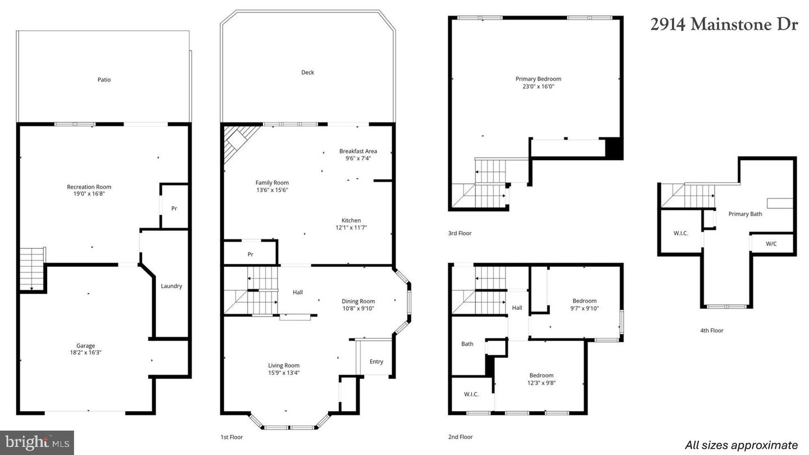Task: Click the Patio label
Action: [x=104, y=80]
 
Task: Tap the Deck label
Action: [x=307, y=72]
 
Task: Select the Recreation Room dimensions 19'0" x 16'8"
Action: [x=89, y=194]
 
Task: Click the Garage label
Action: [x=85, y=345]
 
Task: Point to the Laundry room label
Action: [x=171, y=286]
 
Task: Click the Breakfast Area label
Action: [x=358, y=151]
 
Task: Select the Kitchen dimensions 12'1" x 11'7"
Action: [x=351, y=228]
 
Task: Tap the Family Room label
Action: [x=272, y=183]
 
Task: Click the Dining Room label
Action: [x=358, y=301]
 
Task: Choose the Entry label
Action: [x=376, y=361]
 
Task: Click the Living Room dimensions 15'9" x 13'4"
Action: [x=284, y=372]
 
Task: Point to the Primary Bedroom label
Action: [x=538, y=79]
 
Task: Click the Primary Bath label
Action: [x=745, y=214]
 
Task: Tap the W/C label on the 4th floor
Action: [x=771, y=244]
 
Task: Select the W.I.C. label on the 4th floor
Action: [x=680, y=233]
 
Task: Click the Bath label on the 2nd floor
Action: [x=467, y=344]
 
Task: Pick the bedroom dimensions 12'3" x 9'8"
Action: [x=541, y=383]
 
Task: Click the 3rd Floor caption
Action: [x=460, y=233]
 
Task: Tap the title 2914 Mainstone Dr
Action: [x=724, y=25]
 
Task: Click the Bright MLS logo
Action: [x=37, y=443]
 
